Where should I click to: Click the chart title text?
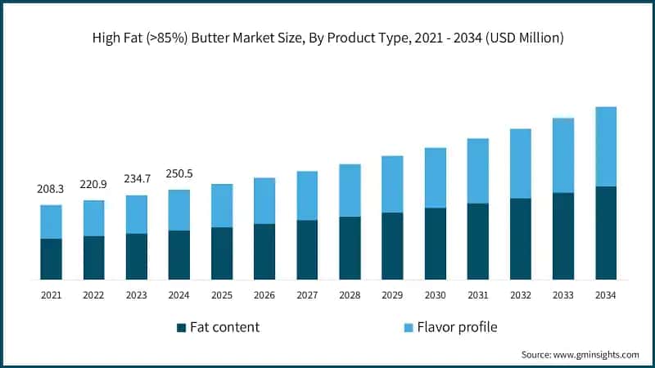[327, 38]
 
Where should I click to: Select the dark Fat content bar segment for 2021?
[51, 259]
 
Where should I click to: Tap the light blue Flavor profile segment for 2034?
[606, 146]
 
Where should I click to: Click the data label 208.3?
[51, 189]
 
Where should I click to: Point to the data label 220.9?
[93, 184]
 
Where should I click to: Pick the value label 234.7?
[136, 178]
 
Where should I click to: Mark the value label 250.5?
[178, 173]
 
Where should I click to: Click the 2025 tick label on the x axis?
[222, 294]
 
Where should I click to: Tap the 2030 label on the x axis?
[435, 294]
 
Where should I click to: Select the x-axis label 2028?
[350, 294]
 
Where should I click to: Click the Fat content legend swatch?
[181, 328]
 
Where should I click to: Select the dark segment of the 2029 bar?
[392, 246]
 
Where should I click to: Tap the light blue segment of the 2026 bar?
[264, 200]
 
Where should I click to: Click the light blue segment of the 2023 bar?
[136, 214]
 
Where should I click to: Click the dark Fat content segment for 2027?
[307, 249]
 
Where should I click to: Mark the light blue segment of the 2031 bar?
[478, 171]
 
